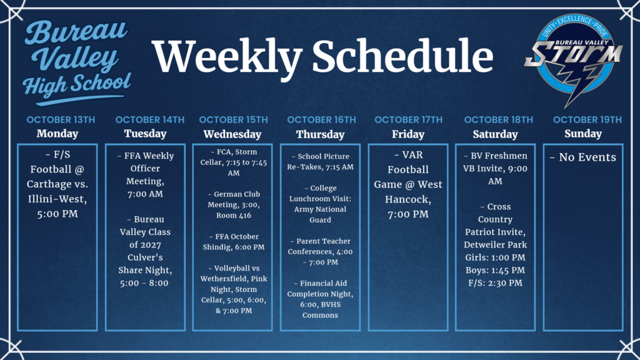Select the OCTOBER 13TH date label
click(x=61, y=119)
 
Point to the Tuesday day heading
click(x=145, y=134)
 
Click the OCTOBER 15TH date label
click(x=233, y=119)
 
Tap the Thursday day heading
click(x=320, y=134)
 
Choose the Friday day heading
click(x=407, y=134)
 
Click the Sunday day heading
click(x=582, y=134)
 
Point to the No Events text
click(x=582, y=157)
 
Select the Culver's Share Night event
click(x=145, y=251)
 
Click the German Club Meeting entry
click(x=233, y=204)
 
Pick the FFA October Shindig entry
click(x=233, y=242)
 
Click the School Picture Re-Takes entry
click(x=321, y=162)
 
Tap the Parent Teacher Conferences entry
click(x=321, y=251)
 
